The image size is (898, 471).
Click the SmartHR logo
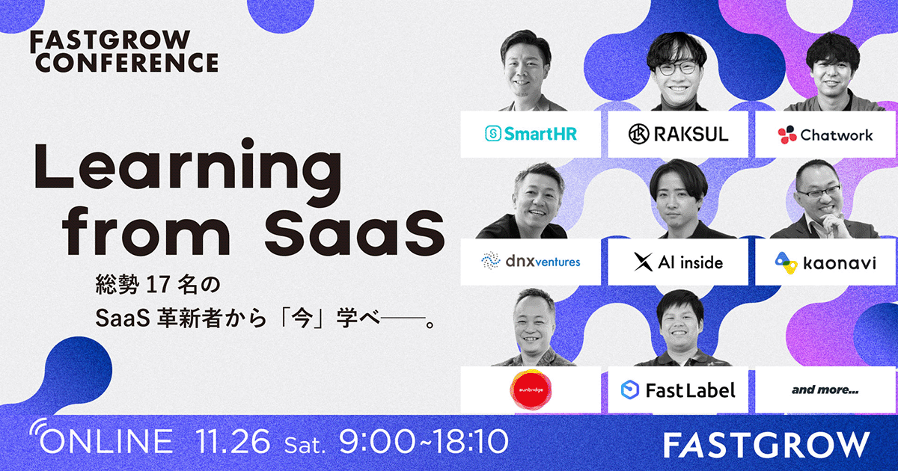[531, 134]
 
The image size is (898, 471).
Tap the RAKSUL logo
[678, 134]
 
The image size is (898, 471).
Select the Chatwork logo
[825, 135]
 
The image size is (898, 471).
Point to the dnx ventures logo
[531, 261]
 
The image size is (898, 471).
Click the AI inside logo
[678, 262]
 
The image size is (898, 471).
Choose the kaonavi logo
[825, 262]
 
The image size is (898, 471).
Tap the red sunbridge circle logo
[531, 390]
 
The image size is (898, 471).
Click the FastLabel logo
[678, 390]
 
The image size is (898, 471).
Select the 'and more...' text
[825, 390]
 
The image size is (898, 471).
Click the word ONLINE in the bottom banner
[106, 441]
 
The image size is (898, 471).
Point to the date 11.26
[233, 441]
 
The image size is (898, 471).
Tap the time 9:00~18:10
[424, 441]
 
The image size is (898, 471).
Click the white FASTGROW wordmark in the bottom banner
[766, 445]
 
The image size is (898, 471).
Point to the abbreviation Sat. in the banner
[305, 445]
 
